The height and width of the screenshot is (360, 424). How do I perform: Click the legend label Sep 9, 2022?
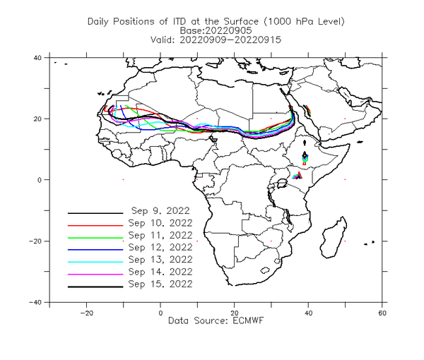[160, 210]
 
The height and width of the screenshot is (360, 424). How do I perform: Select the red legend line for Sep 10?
[95, 225]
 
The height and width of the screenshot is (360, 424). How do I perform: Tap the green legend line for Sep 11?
[95, 238]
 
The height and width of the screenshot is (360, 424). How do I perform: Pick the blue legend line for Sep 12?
[95, 250]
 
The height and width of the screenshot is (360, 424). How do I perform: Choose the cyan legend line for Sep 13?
[95, 262]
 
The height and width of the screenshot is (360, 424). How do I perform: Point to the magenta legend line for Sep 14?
[95, 275]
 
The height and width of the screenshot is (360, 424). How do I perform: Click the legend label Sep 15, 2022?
[160, 284]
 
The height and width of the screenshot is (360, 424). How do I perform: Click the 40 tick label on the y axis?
[37, 57]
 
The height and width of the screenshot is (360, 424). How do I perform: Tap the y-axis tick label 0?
[40, 180]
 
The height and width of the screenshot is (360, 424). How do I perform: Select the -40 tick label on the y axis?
[35, 302]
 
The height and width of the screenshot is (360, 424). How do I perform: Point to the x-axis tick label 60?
[382, 313]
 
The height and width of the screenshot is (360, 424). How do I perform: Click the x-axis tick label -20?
[86, 313]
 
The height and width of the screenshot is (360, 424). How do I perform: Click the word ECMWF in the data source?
[248, 321]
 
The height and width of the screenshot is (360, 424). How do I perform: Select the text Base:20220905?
[216, 30]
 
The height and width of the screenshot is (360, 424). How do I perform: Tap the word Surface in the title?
[241, 21]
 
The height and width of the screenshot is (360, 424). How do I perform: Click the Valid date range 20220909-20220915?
[230, 40]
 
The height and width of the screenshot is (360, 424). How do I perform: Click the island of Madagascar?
[333, 237]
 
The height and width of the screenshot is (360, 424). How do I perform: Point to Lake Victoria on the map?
[282, 184]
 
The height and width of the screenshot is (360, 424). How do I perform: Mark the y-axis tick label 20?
[37, 119]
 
